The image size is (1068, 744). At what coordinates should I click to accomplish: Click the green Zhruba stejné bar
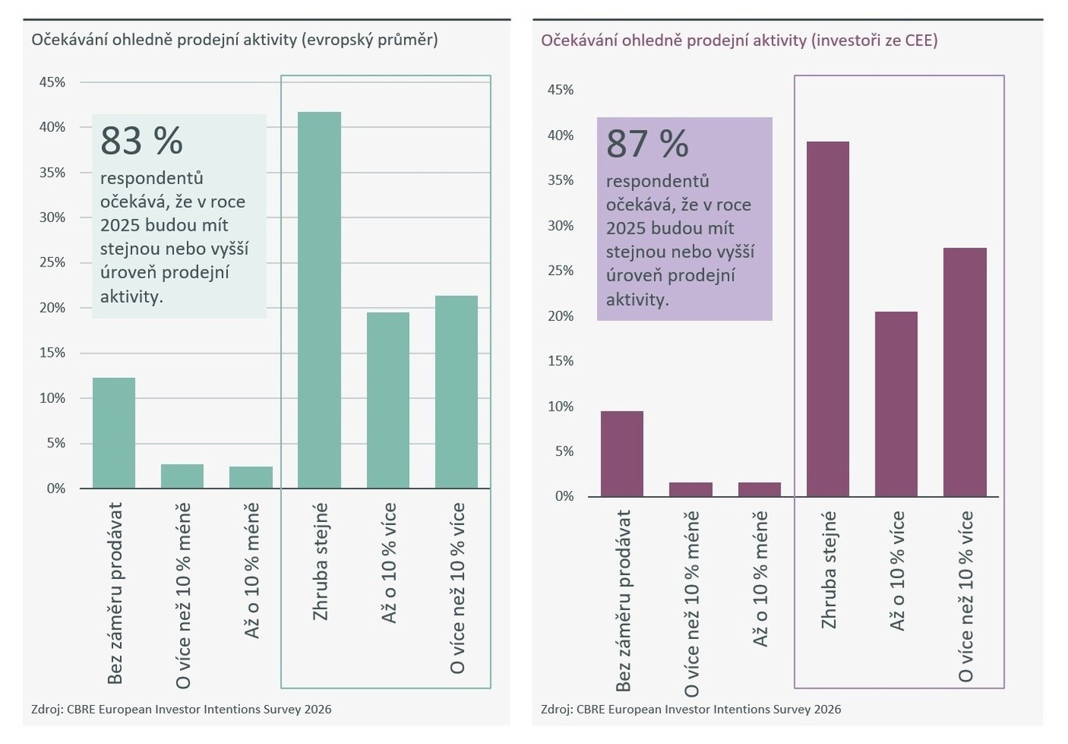tap(319, 300)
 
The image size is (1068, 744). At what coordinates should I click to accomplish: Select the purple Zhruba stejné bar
tap(827, 319)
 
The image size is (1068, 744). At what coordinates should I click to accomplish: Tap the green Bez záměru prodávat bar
tap(114, 433)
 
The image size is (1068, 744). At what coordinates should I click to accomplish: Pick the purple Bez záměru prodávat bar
tap(621, 453)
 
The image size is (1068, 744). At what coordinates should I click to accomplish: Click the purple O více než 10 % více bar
tap(964, 372)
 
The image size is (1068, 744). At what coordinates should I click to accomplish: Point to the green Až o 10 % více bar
tap(387, 400)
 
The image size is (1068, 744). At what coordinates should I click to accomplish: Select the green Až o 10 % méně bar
tap(251, 478)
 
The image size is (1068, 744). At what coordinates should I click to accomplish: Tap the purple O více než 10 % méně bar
tap(690, 489)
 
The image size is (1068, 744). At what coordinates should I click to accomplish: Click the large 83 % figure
tap(141, 141)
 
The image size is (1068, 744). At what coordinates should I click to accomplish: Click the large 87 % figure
tap(647, 144)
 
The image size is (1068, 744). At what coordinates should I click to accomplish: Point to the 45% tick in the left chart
tap(52, 82)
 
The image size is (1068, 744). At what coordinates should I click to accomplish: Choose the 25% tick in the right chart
tap(561, 270)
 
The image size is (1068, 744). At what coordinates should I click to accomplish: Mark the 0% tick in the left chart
tap(56, 488)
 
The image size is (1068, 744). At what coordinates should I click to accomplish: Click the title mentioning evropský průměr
tap(234, 39)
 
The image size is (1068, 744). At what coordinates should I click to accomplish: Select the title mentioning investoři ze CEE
tap(739, 40)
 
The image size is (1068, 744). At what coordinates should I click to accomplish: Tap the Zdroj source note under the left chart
tap(181, 709)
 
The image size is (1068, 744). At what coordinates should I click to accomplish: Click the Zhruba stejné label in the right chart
tap(828, 569)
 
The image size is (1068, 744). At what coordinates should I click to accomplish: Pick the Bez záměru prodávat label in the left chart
tap(115, 593)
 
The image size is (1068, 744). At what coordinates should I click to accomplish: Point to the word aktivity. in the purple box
tap(637, 299)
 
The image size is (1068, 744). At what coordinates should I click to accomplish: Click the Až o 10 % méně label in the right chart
tap(760, 578)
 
